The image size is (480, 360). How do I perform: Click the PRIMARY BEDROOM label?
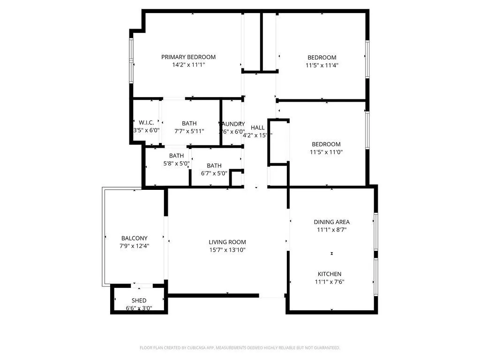[188, 57]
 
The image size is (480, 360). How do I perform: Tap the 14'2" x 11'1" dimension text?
[188, 65]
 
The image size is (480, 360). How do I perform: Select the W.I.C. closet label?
[146, 123]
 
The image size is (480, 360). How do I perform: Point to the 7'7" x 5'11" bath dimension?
[189, 131]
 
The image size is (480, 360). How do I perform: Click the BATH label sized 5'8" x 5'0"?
[177, 156]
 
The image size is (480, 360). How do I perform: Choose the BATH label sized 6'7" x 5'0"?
[214, 165]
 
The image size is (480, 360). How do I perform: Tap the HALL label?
[258, 127]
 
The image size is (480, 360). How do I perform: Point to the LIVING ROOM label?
[227, 242]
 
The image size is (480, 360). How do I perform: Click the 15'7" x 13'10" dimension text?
[227, 250]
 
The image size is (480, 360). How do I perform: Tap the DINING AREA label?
[331, 222]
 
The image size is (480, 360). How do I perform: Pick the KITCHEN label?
[330, 274]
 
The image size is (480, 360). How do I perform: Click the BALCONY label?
[134, 238]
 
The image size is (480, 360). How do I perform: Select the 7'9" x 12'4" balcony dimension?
[134, 246]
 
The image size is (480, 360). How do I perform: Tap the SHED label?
[139, 300]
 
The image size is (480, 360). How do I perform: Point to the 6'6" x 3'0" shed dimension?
[139, 308]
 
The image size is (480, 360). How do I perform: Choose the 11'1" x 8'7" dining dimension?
[331, 230]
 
